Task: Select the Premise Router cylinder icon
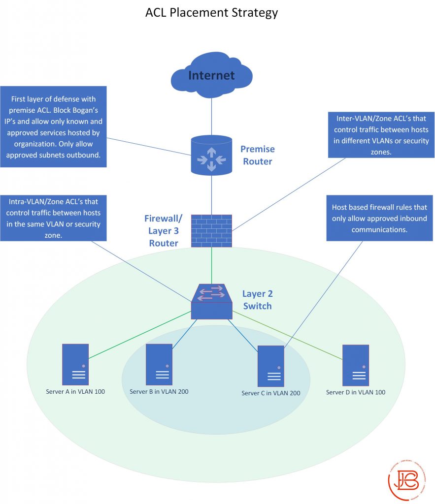pyautogui.click(x=211, y=155)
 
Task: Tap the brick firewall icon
pyautogui.click(x=211, y=230)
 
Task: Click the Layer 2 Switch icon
pyautogui.click(x=211, y=301)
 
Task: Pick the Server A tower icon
pyautogui.click(x=75, y=364)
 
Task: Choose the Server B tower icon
pyautogui.click(x=159, y=364)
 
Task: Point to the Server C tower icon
pyautogui.click(x=271, y=366)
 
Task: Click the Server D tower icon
pyautogui.click(x=355, y=365)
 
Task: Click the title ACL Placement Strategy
pyautogui.click(x=211, y=12)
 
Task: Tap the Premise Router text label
pyautogui.click(x=257, y=155)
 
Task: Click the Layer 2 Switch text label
pyautogui.click(x=257, y=300)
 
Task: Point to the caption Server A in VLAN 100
pyautogui.click(x=75, y=392)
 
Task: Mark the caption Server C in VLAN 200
pyautogui.click(x=271, y=393)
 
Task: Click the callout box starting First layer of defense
pyautogui.click(x=53, y=126)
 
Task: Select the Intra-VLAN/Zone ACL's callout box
pyautogui.click(x=53, y=218)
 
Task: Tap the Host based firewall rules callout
pyautogui.click(x=379, y=219)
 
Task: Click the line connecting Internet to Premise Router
pyautogui.click(x=211, y=116)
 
